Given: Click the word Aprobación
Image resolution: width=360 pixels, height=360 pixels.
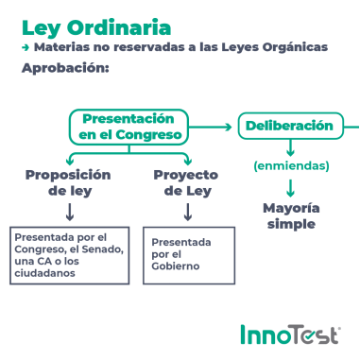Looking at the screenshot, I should [65, 68].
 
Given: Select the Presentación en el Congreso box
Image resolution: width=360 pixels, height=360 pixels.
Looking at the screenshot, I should [129, 127].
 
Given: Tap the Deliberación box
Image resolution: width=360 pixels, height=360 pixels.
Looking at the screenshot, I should [289, 126].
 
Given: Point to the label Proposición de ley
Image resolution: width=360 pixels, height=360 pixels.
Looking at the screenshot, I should [68, 182].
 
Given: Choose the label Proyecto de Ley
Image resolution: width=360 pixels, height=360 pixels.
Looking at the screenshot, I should [186, 182].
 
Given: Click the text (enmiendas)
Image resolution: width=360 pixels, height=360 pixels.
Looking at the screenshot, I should [291, 166].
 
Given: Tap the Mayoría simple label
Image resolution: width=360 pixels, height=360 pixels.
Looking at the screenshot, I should [291, 215].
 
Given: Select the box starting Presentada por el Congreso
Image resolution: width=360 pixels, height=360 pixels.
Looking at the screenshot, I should [69, 254].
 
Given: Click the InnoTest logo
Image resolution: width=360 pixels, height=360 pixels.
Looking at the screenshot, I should [290, 334].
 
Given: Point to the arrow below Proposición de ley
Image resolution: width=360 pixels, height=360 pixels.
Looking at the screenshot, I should [69, 212].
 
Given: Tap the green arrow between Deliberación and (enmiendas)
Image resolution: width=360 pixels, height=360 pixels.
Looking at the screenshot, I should [291, 147].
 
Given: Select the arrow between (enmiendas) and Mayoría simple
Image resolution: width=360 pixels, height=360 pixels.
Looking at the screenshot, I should [291, 186].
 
